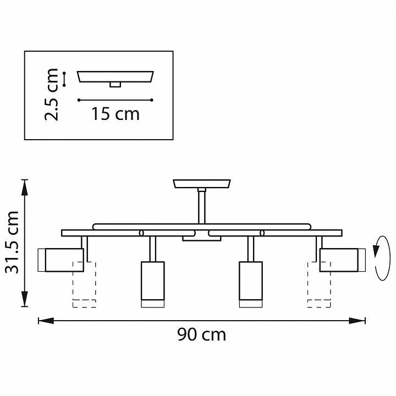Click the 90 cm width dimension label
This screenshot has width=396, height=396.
coord(201,334)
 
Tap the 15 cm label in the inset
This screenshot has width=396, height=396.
coord(116,114)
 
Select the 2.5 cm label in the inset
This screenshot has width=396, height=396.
coord(53,94)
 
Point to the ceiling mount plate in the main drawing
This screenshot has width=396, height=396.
coord(202,184)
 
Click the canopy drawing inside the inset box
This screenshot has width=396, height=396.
coord(116,76)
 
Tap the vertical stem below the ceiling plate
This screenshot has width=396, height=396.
coord(202,206)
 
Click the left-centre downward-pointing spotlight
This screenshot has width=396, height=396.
coord(153,283)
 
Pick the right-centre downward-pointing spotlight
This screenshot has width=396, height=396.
coord(250,283)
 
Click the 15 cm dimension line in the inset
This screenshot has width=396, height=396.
coord(115,100)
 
